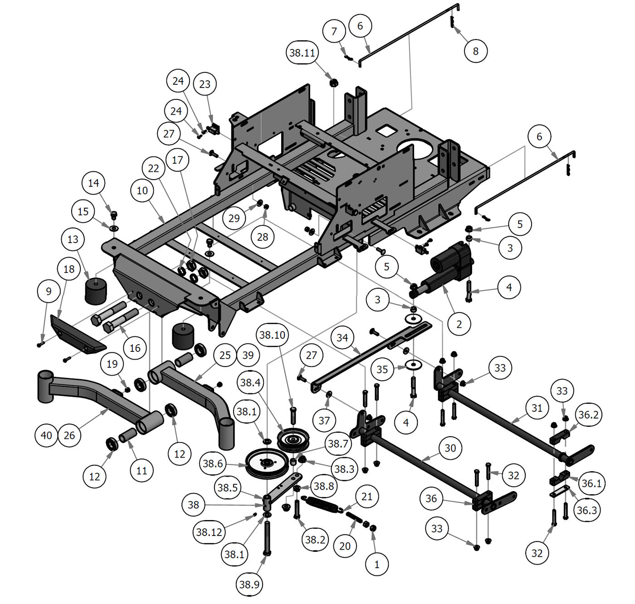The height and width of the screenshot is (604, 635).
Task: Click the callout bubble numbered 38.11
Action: click(x=303, y=53)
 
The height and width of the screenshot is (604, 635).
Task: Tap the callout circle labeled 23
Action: click(x=205, y=84)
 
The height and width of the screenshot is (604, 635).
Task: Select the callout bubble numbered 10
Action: click(x=142, y=190)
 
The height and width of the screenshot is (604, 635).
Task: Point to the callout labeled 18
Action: click(x=69, y=269)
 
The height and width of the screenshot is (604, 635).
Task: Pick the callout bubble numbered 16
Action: click(x=135, y=348)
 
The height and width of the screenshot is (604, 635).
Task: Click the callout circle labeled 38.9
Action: click(x=249, y=585)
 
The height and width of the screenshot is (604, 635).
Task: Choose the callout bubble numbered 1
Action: click(x=377, y=565)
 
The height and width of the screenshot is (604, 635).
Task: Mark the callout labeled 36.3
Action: click(x=586, y=510)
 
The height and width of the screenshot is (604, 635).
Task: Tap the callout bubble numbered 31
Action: click(x=537, y=408)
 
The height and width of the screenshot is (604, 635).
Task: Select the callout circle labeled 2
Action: click(x=459, y=324)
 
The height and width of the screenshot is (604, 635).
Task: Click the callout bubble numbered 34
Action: click(x=342, y=338)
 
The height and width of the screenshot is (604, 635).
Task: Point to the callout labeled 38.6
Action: click(x=213, y=463)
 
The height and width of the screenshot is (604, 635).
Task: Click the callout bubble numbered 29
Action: click(x=234, y=219)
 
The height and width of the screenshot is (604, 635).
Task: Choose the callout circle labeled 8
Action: click(x=475, y=51)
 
